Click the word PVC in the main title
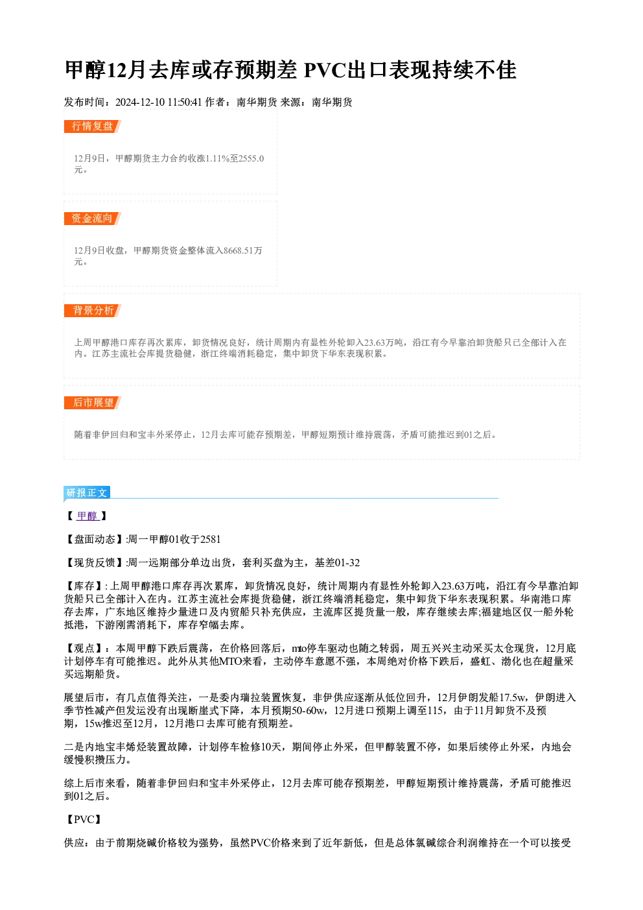tap(324, 70)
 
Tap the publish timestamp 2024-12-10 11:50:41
tap(159, 102)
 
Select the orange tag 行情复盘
tap(92, 126)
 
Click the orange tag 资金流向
tap(92, 219)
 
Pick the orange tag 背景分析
tap(92, 311)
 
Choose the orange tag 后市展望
tap(92, 403)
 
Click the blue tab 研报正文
tap(87, 493)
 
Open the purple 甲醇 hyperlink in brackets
tap(88, 516)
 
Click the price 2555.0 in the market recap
tap(251, 158)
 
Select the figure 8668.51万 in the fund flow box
tap(243, 250)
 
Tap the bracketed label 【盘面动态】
tap(94, 540)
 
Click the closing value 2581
tap(210, 540)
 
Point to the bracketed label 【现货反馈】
tap(94, 563)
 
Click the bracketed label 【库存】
tap(84, 586)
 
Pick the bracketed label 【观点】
tap(84, 649)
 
